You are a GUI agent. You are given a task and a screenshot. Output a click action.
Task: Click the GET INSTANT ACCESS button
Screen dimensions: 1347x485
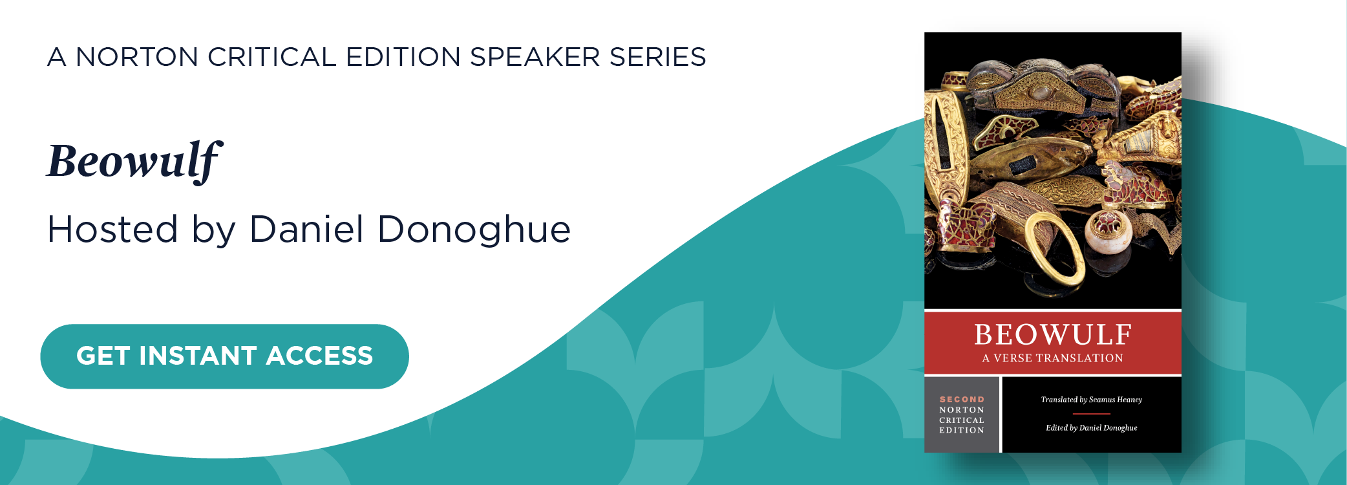pos(224,356)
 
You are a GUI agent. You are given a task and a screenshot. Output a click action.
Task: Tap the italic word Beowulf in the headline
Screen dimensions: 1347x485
pos(134,162)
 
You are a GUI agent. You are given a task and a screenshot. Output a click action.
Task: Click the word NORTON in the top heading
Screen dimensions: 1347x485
pos(137,57)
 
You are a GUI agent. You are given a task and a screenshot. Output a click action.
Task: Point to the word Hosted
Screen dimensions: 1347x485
pos(112,230)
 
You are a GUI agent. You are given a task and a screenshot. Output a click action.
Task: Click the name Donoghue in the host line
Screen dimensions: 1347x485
pos(474,230)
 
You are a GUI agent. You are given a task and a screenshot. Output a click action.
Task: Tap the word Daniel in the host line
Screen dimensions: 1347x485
pos(307,229)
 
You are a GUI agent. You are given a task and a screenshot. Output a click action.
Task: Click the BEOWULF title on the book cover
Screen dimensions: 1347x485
pos(1053,335)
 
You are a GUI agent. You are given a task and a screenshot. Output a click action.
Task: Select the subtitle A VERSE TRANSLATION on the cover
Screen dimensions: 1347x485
pos(1053,358)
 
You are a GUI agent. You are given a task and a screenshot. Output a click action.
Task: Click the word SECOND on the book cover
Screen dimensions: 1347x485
pos(962,400)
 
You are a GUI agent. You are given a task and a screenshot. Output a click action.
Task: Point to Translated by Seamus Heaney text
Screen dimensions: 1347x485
pos(1092,400)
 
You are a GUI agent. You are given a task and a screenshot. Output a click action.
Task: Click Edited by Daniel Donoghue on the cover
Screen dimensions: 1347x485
pos(1092,428)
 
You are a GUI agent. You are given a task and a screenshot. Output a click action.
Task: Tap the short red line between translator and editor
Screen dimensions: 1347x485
pos(1092,414)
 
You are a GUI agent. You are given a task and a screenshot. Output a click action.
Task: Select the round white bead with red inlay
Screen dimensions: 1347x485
pos(1108,232)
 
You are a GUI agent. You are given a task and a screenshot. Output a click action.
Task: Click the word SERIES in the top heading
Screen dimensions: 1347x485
pos(658,57)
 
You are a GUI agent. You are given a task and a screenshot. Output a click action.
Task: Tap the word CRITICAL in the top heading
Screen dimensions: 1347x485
pos(272,57)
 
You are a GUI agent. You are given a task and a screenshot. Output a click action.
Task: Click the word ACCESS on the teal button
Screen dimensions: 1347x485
pos(319,356)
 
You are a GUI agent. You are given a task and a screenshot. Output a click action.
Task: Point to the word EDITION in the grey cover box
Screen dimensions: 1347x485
pos(962,430)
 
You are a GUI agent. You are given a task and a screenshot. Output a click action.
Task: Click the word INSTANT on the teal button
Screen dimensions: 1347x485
pos(198,356)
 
